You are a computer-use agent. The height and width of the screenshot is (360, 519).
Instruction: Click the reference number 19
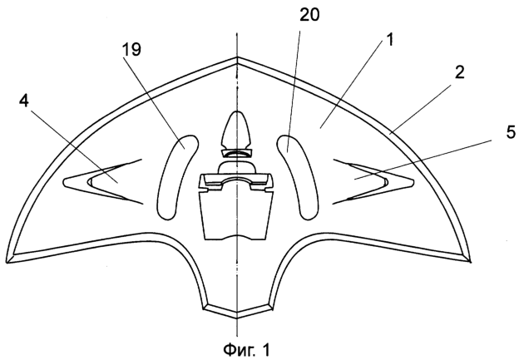[131, 49]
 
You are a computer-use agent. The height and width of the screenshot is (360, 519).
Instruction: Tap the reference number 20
[309, 15]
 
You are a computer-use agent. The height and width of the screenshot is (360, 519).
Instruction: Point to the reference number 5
[511, 132]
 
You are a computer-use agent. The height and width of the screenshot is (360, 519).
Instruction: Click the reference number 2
[460, 72]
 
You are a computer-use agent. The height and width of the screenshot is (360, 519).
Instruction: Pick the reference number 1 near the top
[389, 40]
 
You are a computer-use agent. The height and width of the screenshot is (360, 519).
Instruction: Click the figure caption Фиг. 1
[246, 349]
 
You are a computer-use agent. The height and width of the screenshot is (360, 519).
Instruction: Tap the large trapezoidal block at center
[236, 215]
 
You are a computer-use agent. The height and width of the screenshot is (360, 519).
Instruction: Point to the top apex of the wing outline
[237, 57]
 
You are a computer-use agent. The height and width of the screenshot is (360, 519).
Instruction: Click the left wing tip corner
[7, 263]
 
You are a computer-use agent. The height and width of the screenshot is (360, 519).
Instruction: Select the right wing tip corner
[470, 262]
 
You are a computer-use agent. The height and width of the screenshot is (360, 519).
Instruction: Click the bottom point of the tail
[237, 318]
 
